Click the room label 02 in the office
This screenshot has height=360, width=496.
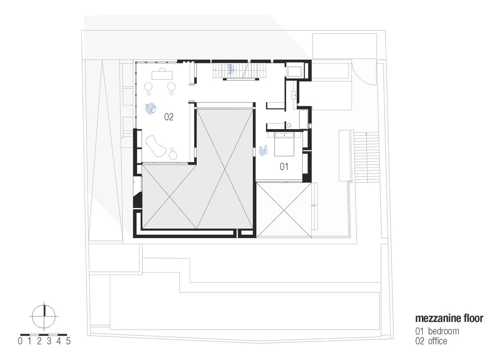point(169,117)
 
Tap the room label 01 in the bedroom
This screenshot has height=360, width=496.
point(284,166)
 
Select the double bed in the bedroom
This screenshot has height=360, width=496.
point(284,144)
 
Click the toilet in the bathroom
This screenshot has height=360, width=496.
point(291,125)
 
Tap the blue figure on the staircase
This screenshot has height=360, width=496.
point(230,69)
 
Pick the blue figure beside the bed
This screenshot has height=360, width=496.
point(264,150)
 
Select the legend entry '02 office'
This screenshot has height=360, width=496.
point(431,341)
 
